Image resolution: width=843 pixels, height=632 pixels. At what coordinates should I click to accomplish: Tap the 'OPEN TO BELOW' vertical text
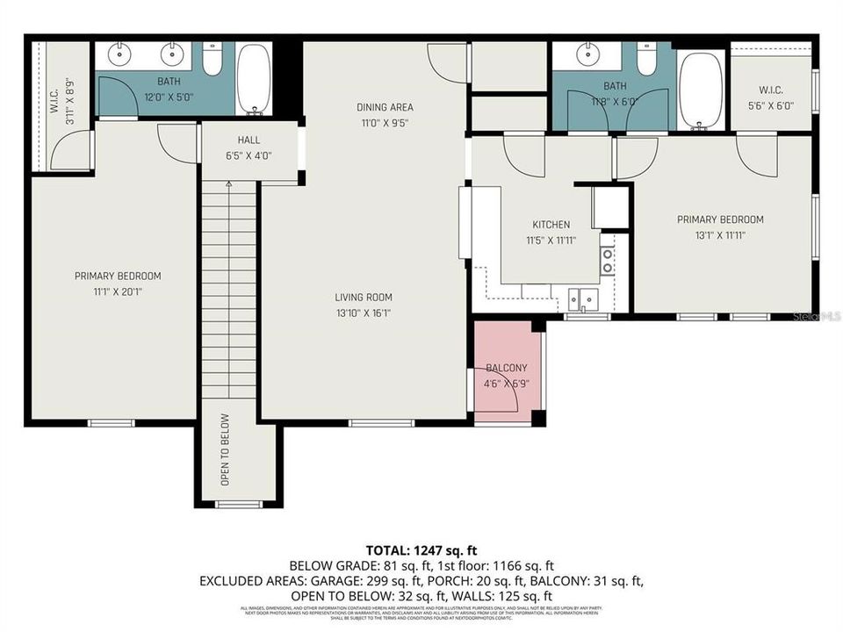[225, 449]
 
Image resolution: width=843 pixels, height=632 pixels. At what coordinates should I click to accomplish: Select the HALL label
[249, 140]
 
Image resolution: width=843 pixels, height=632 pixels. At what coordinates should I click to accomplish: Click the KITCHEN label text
[551, 225]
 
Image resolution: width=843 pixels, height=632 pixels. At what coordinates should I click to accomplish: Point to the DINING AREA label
[384, 107]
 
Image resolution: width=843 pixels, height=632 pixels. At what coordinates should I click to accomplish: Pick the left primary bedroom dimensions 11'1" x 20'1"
[117, 291]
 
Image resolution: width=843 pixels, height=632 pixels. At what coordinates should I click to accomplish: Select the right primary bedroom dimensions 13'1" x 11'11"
[719, 234]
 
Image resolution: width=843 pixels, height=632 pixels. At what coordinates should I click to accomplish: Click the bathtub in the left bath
[256, 80]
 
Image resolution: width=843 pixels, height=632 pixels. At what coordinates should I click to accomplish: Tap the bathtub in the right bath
[701, 91]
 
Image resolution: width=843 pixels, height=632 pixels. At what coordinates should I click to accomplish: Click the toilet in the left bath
[212, 60]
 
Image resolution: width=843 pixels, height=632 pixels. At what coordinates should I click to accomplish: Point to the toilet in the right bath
[646, 59]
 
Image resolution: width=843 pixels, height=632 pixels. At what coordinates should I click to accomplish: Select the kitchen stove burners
[607, 260]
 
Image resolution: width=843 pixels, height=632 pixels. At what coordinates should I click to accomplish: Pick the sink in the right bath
[587, 54]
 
